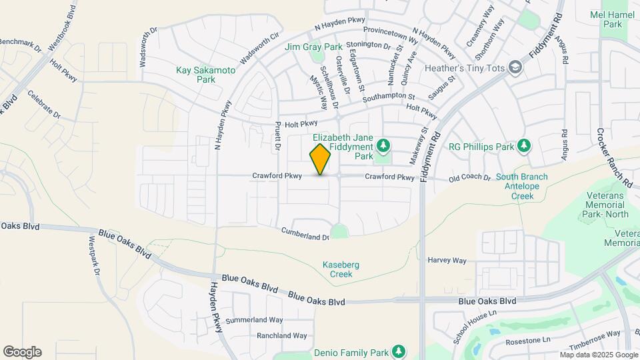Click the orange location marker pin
click(x=321, y=159)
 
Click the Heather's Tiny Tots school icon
click(x=515, y=67)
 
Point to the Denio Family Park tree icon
click(x=399, y=351)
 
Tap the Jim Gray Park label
click(x=313, y=47)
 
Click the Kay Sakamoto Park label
click(x=196, y=74)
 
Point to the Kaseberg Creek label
click(x=341, y=269)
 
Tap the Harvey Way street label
click(x=447, y=260)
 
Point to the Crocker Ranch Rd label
click(x=615, y=157)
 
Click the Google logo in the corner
click(x=22, y=351)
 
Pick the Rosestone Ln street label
click(x=527, y=339)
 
